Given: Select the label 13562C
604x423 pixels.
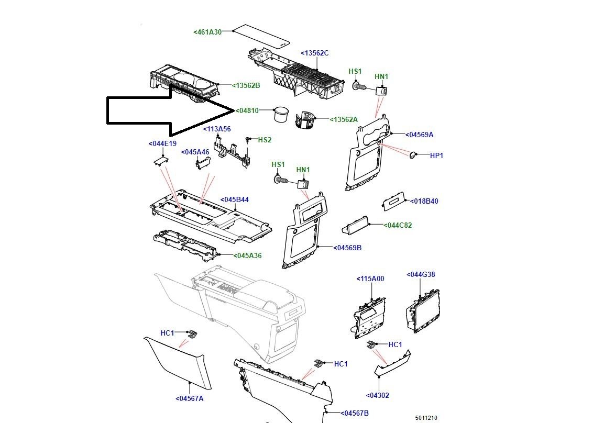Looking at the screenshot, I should pos(314,53).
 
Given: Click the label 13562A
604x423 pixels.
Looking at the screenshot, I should pos(344,120).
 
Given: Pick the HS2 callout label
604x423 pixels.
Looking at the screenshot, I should pos(265,140).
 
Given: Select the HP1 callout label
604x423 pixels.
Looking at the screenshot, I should pos(436,155).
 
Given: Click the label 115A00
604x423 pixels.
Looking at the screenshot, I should pos(370,279).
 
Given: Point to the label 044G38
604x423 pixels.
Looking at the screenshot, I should pos(421,274).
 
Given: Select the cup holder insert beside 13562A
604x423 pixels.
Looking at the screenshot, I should pos(306,119).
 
